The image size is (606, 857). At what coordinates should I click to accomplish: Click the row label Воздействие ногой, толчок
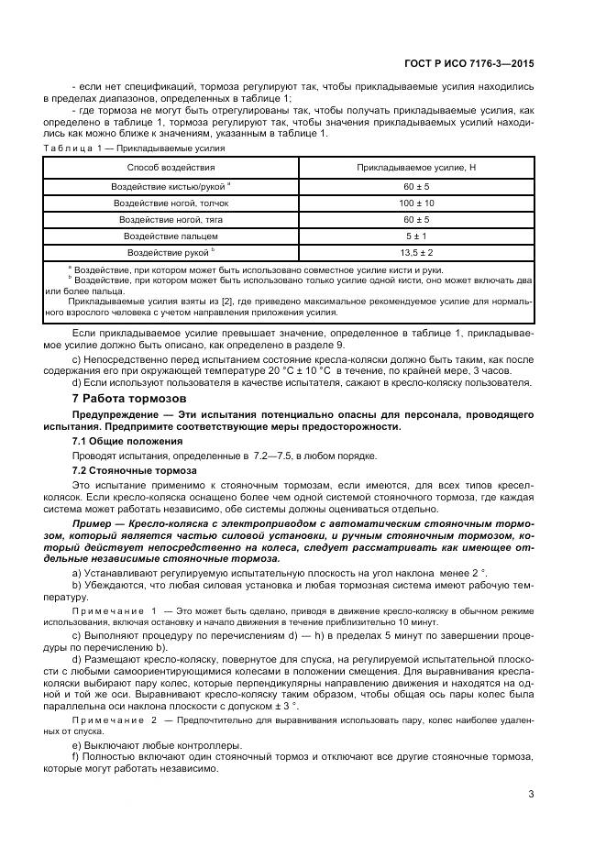(x=171, y=203)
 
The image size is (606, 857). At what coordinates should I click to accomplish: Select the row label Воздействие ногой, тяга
(x=171, y=219)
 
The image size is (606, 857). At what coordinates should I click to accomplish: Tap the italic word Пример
(x=89, y=522)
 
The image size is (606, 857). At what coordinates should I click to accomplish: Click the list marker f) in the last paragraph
(x=75, y=758)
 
